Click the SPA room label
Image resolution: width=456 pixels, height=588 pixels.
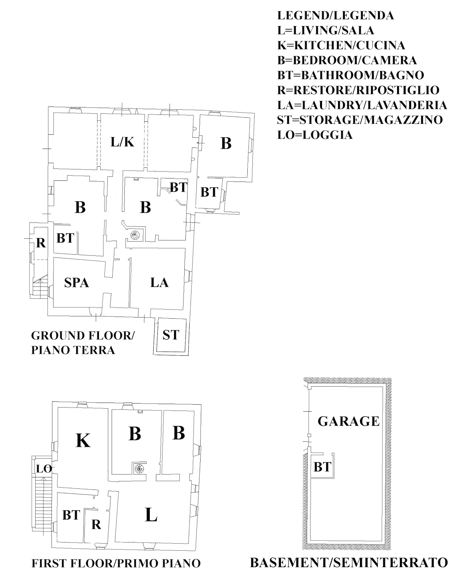pyautogui.click(x=76, y=283)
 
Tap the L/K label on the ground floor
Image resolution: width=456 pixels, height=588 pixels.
pyautogui.click(x=122, y=142)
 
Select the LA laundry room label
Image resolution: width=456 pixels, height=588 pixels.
pyautogui.click(x=159, y=282)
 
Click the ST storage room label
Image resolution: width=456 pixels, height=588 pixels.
pyautogui.click(x=171, y=335)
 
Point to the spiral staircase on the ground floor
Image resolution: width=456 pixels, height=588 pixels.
pyautogui.click(x=135, y=235)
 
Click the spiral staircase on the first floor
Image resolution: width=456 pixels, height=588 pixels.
pyautogui.click(x=139, y=468)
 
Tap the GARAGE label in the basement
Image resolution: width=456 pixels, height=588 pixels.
pyautogui.click(x=348, y=421)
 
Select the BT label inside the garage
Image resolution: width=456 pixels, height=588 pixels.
pyautogui.click(x=322, y=467)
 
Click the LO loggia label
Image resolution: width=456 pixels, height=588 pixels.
pyautogui.click(x=44, y=469)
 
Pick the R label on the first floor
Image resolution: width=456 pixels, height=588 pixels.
pyautogui.click(x=96, y=525)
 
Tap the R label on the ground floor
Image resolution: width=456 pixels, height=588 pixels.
pyautogui.click(x=41, y=243)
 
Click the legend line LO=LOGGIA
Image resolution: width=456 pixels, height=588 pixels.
pyautogui.click(x=315, y=135)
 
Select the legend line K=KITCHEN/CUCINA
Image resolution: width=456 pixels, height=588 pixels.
pyautogui.click(x=341, y=45)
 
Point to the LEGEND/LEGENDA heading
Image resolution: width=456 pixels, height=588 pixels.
pyautogui.click(x=335, y=16)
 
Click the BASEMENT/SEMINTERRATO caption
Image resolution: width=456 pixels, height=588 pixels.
pyautogui.click(x=349, y=563)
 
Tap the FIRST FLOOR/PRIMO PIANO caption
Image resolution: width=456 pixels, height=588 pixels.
pyautogui.click(x=116, y=563)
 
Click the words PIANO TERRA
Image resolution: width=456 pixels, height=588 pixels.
pyautogui.click(x=73, y=350)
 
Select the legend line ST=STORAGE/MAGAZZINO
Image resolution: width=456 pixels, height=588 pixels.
pyautogui.click(x=360, y=120)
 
